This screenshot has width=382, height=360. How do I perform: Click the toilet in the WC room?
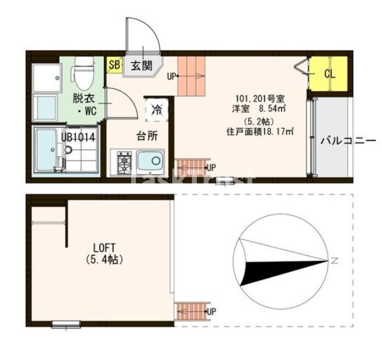(81, 73)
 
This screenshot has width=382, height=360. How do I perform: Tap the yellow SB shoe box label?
(114, 64)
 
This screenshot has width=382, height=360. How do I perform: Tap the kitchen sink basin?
(149, 162)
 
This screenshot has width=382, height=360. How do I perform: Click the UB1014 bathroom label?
(78, 137)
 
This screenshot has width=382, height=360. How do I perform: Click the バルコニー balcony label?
(348, 141)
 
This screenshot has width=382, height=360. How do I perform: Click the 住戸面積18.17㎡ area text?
(259, 131)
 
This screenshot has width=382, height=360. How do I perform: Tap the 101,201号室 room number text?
(259, 98)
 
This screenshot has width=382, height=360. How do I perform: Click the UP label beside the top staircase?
(172, 76)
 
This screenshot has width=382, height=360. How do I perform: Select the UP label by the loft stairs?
(210, 311)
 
